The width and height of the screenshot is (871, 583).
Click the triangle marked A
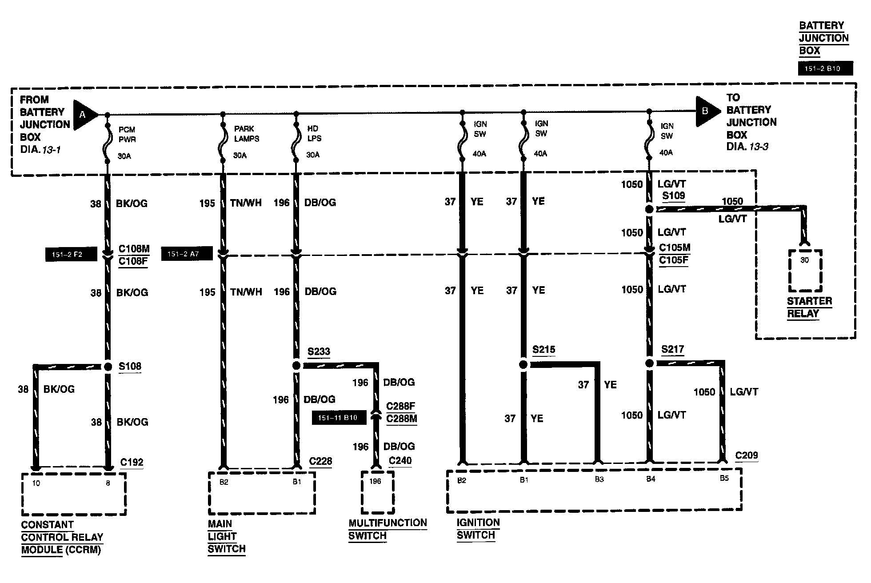click(84, 115)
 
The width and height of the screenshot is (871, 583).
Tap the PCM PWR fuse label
click(127, 134)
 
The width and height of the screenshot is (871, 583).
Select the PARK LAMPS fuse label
click(247, 133)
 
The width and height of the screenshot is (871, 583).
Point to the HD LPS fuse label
click(314, 133)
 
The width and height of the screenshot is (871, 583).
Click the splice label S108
click(130, 366)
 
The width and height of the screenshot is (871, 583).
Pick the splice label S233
click(319, 352)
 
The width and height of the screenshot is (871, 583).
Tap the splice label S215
click(544, 350)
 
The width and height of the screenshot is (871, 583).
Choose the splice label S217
click(672, 349)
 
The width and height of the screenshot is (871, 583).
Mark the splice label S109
click(673, 196)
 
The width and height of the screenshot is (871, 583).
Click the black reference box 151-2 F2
click(71, 255)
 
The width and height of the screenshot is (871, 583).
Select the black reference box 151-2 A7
click(187, 254)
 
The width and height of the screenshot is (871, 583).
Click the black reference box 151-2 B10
click(825, 68)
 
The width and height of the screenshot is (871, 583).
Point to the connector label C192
click(132, 462)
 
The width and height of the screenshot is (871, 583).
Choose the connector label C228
click(320, 461)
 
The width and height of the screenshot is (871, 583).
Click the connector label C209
click(747, 455)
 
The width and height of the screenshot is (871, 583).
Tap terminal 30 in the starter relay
click(804, 260)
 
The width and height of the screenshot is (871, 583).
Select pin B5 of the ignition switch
click(724, 479)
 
